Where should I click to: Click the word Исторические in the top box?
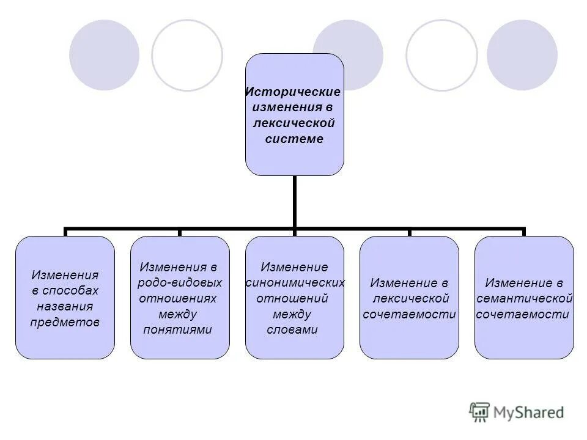(x=293, y=92)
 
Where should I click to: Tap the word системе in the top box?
(x=294, y=139)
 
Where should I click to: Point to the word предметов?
(x=65, y=322)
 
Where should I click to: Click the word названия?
(x=65, y=306)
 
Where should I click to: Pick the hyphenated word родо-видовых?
(x=180, y=283)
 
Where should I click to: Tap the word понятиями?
(x=177, y=330)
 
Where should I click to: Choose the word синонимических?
(x=295, y=283)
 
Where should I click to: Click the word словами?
(x=293, y=330)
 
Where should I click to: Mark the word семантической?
(x=525, y=299)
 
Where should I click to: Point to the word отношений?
(x=293, y=299)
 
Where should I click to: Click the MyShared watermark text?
(x=529, y=412)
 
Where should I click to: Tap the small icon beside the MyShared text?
(x=479, y=412)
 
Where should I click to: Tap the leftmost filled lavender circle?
(x=104, y=55)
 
